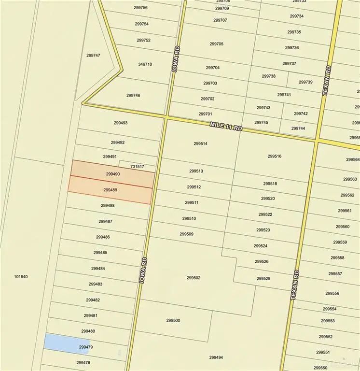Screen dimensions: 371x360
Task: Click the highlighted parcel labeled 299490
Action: [112, 174]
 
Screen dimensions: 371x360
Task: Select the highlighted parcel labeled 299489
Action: [110, 190]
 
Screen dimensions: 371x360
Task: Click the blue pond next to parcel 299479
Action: [60, 342]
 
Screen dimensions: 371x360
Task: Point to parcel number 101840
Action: [21, 277]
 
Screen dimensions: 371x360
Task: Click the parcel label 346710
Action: [145, 64]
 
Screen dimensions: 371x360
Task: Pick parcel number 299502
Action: [193, 278]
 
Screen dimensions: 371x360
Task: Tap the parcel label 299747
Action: [93, 56]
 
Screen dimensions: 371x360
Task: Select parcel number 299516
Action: [274, 156]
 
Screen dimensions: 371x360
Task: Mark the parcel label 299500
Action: [173, 320]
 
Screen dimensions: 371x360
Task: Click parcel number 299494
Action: [216, 357]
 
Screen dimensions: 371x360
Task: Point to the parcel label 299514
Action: [200, 143]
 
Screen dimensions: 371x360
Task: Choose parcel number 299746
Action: [133, 96]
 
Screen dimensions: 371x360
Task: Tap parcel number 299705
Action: [216, 44]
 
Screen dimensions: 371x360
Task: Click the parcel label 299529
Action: [263, 279]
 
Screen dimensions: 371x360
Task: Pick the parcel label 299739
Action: [305, 82]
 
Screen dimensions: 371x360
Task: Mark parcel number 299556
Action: [332, 293]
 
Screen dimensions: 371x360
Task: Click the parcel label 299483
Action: [96, 284]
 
